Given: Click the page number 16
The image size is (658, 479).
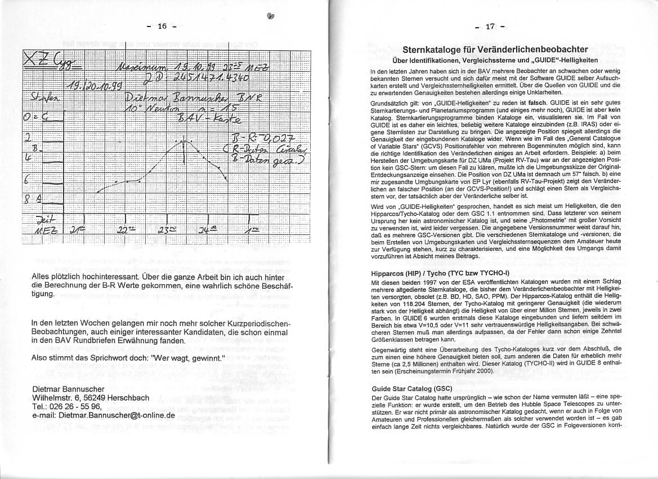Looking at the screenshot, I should click(162, 26).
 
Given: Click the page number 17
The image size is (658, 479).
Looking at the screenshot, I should click(490, 26).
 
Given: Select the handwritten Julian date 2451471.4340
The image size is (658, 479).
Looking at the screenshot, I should click(196, 78).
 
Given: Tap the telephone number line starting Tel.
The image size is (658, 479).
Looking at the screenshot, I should click(64, 406).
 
